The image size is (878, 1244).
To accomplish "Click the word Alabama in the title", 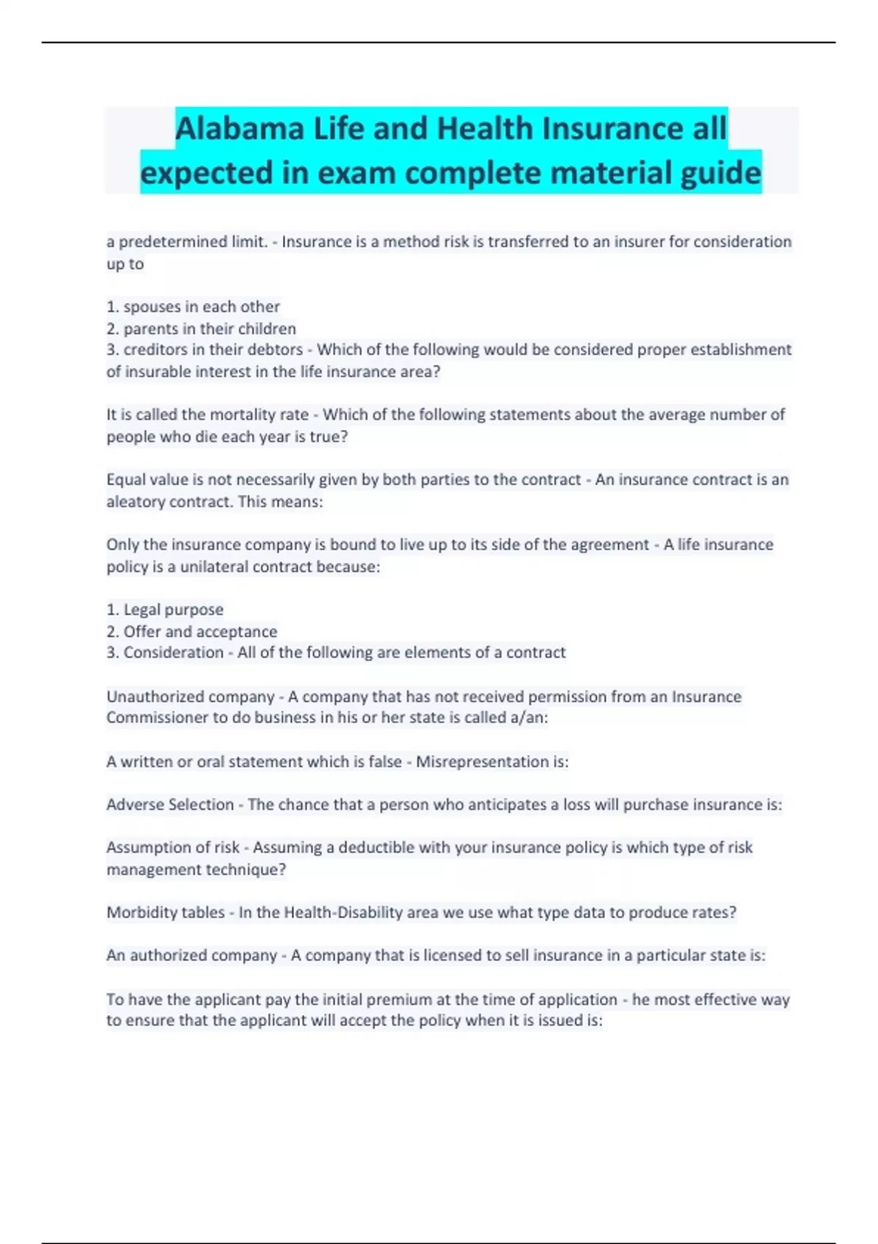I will [x=239, y=129].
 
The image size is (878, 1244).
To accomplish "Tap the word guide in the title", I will [x=721, y=173].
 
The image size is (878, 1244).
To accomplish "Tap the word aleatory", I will [x=135, y=502].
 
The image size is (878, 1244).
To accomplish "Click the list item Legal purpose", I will [x=173, y=610].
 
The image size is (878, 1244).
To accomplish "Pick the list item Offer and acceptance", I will [x=200, y=632].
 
